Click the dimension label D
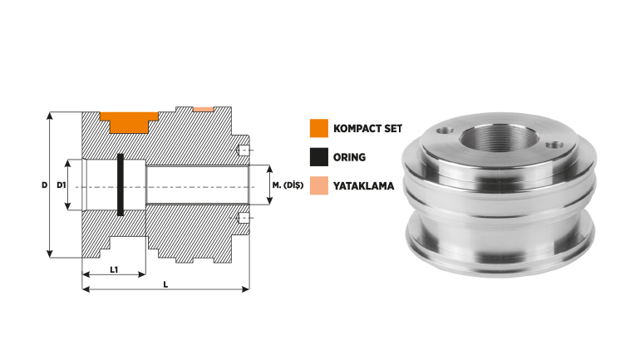pyautogui.click(x=44, y=185)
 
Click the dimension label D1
pyautogui.click(x=61, y=185)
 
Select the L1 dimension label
pyautogui.click(x=114, y=269)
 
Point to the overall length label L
pyautogui.click(x=165, y=284)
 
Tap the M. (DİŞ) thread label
pyautogui.click(x=288, y=185)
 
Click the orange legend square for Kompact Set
pyautogui.click(x=319, y=128)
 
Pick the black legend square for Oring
pyautogui.click(x=319, y=157)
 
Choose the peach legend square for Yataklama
pyautogui.click(x=319, y=185)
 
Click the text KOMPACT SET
pyautogui.click(x=367, y=129)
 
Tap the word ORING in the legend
pyautogui.click(x=349, y=157)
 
